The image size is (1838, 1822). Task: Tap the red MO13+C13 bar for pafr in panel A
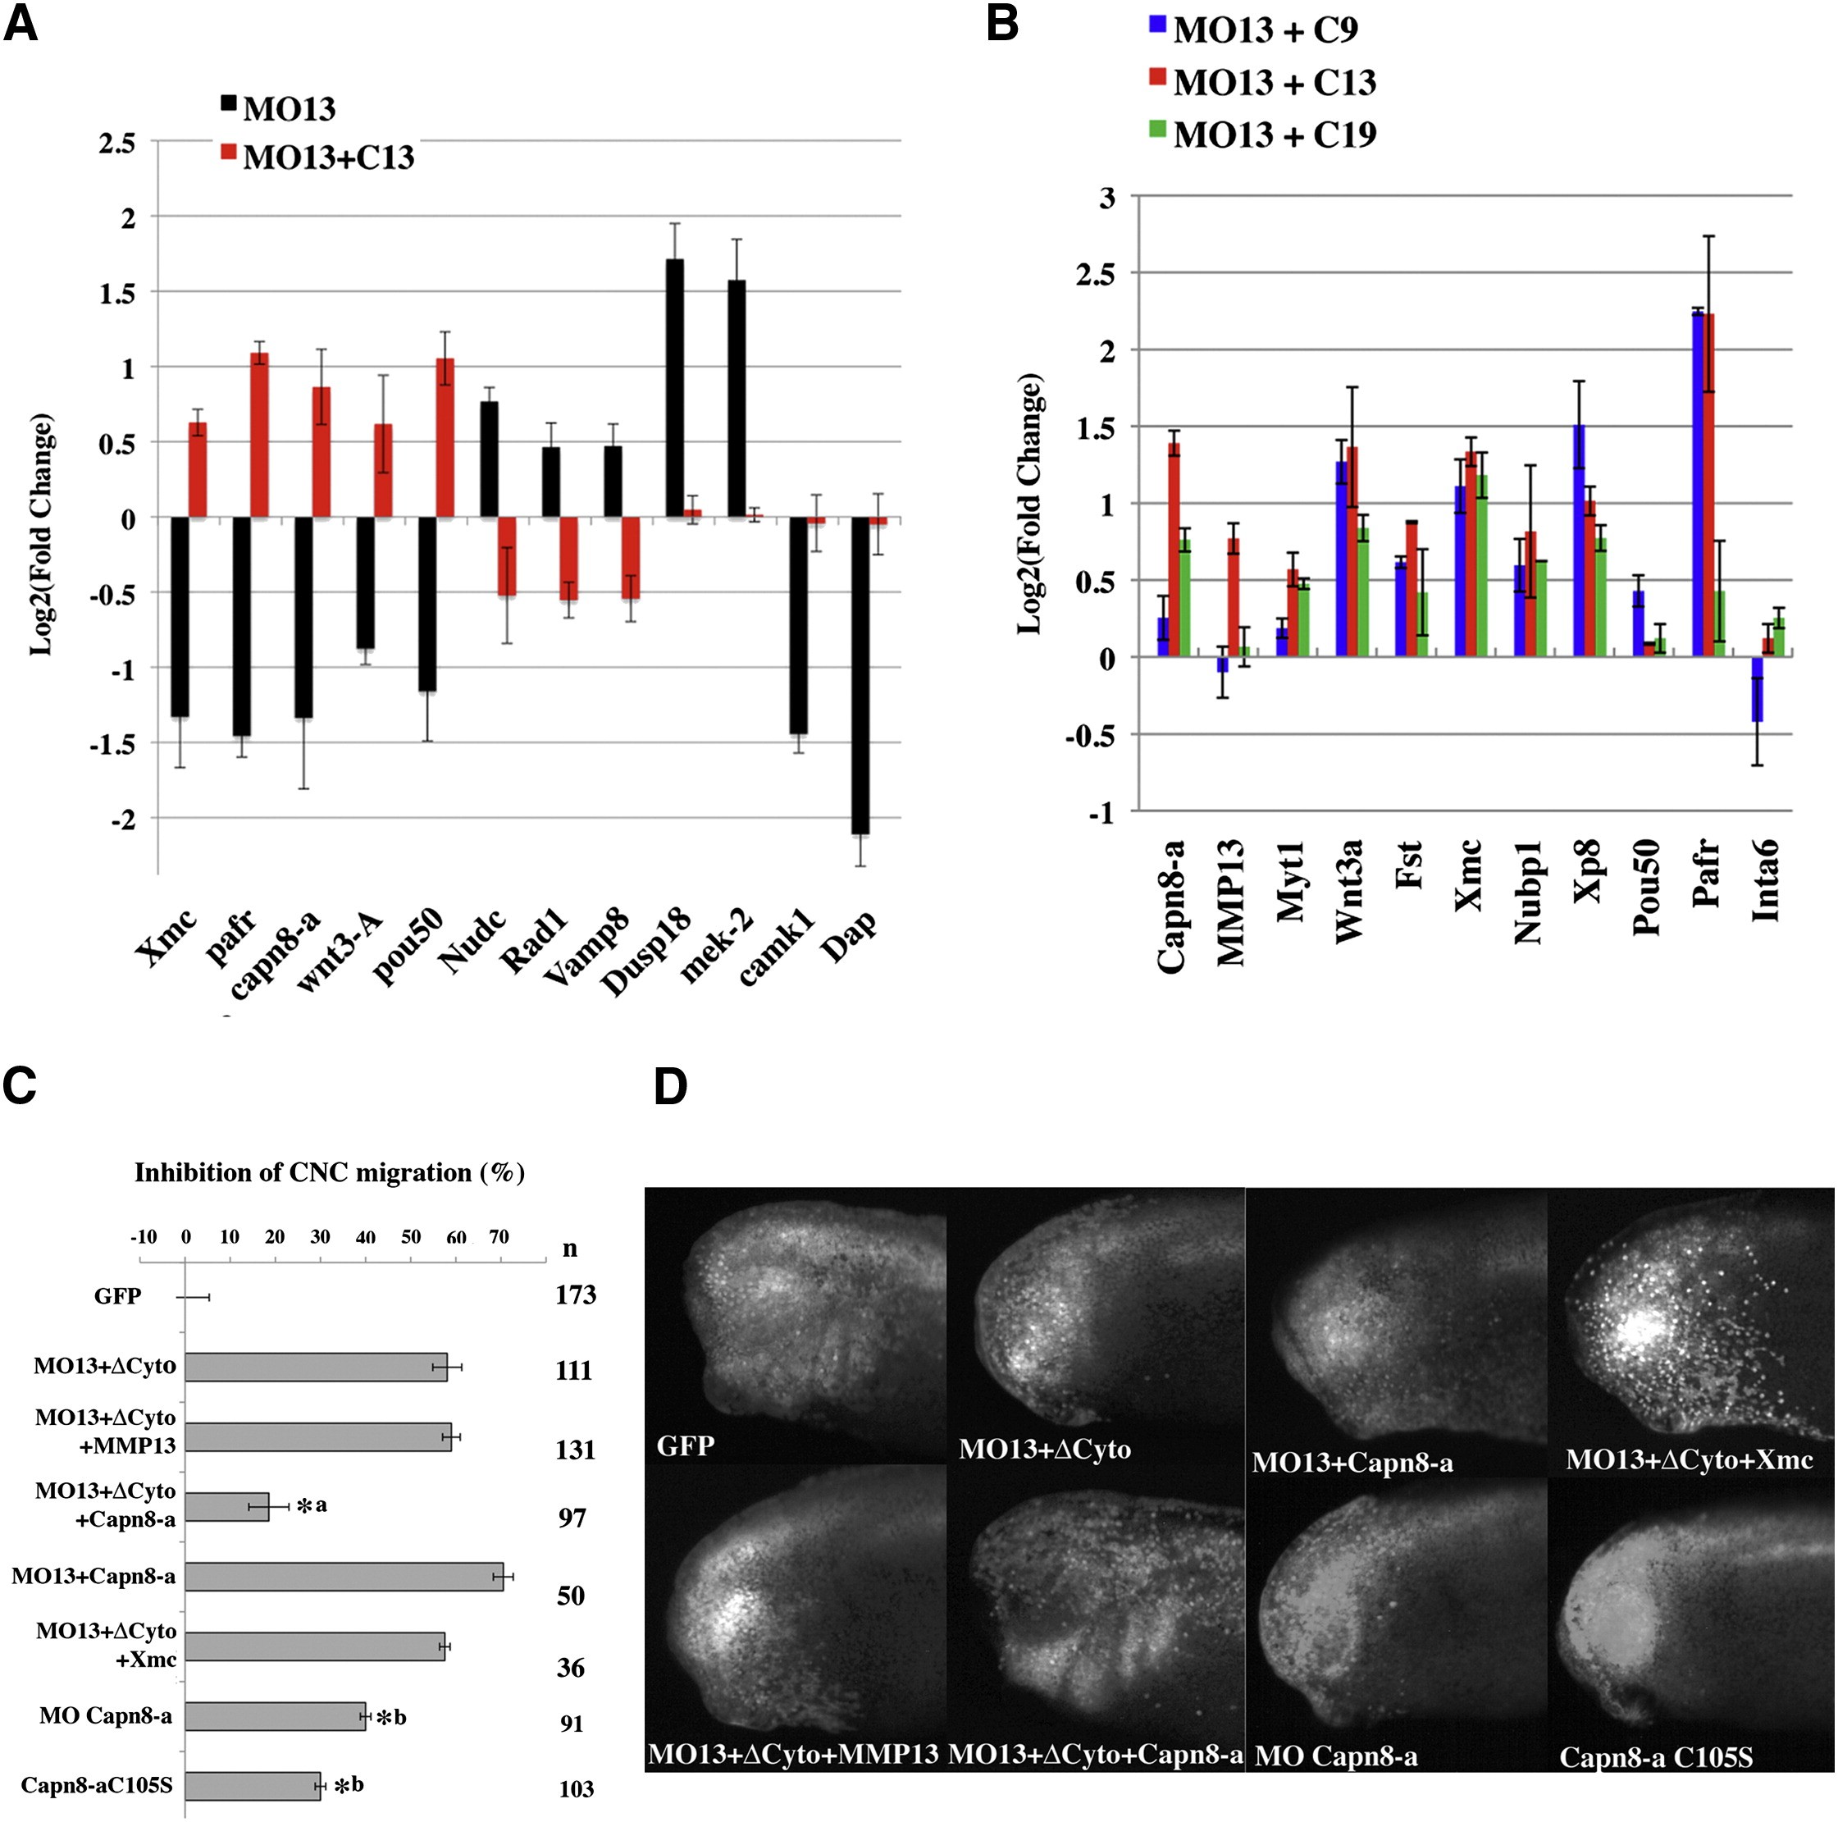point(259,435)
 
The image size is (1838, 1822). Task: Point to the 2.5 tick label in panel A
point(117,143)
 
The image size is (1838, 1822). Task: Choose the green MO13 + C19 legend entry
point(1262,135)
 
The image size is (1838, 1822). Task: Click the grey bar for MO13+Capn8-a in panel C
point(344,1577)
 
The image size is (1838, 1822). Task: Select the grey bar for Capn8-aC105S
point(252,1786)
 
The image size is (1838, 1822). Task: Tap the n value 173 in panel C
point(576,1295)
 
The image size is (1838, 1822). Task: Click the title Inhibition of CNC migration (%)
point(329,1172)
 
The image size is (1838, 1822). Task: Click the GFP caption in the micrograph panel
point(685,1446)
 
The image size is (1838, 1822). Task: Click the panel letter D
point(671,1086)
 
